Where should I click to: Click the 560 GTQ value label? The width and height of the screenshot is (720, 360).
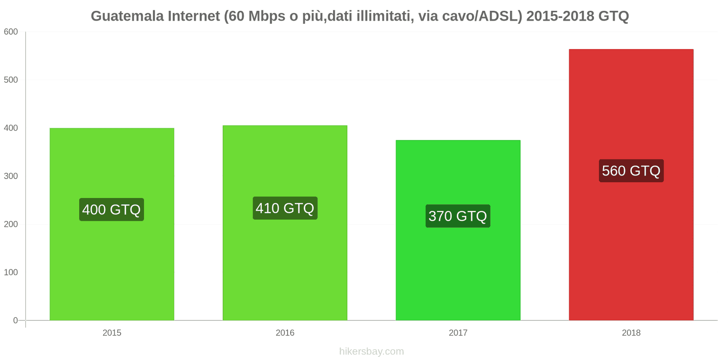tap(631, 171)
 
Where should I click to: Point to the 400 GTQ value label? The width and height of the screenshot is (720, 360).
tap(112, 210)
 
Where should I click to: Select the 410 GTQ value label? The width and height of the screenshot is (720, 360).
tap(285, 208)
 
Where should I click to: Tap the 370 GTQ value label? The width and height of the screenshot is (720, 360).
tap(458, 216)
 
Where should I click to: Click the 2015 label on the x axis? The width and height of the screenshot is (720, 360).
tap(112, 333)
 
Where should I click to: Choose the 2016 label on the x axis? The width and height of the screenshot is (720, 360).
tap(285, 333)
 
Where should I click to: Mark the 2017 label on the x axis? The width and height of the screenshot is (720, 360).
tap(458, 333)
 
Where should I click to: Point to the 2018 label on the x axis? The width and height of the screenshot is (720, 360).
tap(631, 333)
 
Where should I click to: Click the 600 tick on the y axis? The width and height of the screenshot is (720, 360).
tap(11, 32)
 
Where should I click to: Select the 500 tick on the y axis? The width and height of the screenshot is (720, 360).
tap(11, 80)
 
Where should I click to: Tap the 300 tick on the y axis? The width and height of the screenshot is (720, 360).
tap(11, 176)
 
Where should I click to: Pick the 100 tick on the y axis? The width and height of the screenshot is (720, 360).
tap(11, 273)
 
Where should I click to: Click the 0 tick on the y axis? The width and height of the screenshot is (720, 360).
tap(15, 321)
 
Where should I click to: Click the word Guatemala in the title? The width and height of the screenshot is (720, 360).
tap(127, 16)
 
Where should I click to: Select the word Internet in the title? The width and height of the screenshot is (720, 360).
tap(194, 16)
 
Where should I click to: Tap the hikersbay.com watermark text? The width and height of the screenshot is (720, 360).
tap(371, 351)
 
